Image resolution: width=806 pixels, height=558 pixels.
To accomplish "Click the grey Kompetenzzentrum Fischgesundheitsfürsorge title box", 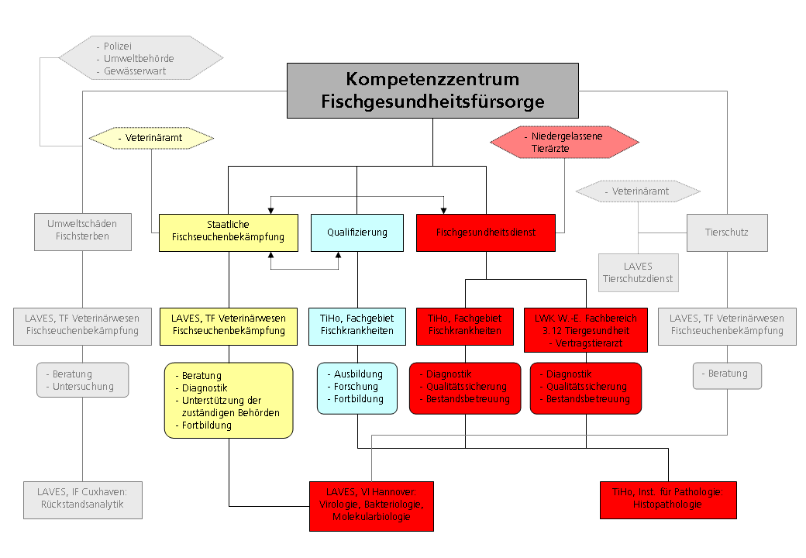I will coord(432,90).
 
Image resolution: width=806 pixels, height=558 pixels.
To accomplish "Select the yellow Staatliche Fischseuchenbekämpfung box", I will coord(229,232).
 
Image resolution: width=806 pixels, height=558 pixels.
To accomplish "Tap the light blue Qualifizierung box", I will coord(356,232).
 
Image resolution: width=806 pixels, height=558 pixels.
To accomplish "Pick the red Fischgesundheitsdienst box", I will coord(486,232).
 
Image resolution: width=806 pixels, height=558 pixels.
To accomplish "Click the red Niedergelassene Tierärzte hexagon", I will coord(565,141).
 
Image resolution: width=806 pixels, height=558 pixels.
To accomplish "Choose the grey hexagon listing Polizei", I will coord(140,58).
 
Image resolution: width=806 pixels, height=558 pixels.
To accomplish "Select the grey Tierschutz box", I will coord(727,232).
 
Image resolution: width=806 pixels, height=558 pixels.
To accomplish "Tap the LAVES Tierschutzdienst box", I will coord(638,272).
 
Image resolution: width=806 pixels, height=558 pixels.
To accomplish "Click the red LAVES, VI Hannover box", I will coord(371,505).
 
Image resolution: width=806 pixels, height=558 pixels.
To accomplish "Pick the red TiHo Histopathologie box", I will coord(668,499).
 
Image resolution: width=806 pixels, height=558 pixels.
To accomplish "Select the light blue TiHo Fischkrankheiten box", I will coord(357,325).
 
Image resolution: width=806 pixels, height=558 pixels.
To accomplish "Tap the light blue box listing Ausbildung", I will coord(356,386).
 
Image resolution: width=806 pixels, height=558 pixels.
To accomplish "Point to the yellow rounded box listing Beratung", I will coord(229,399).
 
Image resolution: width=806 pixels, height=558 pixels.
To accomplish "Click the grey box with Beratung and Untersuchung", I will coord(83,380).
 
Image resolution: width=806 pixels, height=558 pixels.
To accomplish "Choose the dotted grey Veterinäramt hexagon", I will coord(639,191).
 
